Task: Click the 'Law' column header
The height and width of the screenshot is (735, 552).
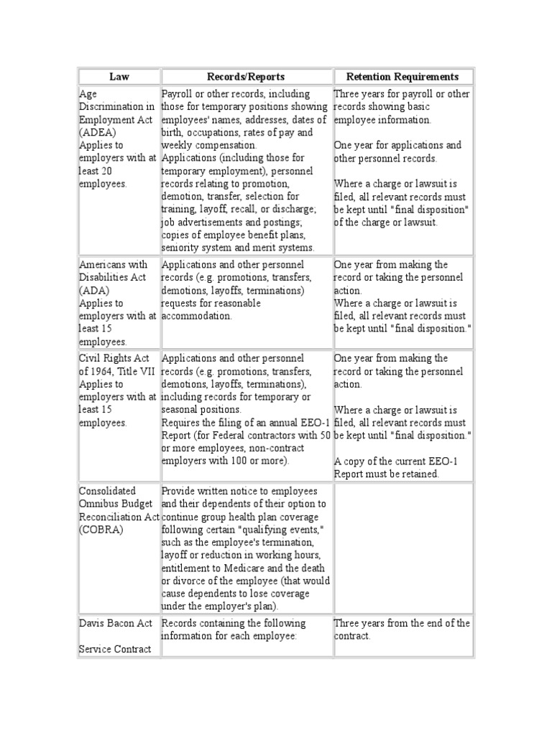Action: coord(119,77)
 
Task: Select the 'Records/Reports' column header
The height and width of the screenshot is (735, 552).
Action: coord(246,77)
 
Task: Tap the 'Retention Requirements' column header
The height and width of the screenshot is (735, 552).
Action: coord(402,77)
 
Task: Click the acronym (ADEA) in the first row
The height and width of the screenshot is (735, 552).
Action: coord(97,133)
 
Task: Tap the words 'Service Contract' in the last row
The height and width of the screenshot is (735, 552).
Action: coord(115,649)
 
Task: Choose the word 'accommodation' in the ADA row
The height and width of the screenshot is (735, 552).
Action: coord(197,316)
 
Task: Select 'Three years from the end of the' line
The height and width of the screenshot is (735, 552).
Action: coord(402,623)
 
